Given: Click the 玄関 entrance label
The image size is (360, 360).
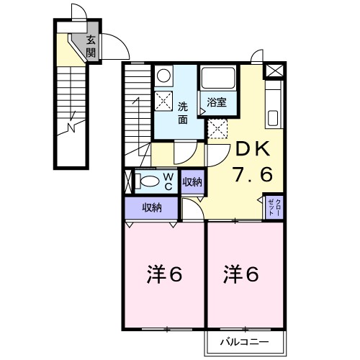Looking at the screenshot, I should (91, 46).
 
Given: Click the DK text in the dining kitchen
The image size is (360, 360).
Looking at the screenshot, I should (252, 150).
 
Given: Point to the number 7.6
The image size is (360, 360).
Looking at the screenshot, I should (252, 175).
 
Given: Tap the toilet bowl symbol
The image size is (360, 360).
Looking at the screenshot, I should (149, 180).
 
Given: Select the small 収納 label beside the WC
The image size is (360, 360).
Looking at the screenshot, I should (192, 180).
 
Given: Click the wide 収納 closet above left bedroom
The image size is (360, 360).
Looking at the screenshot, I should (151, 207).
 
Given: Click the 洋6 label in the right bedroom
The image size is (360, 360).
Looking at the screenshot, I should (240, 274).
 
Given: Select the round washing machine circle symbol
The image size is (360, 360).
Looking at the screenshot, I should (163, 76).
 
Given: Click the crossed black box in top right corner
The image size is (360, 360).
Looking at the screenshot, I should (274, 71).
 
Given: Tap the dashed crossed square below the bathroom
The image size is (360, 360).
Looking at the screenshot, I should (217, 128).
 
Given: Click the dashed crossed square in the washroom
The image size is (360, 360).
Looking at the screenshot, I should (163, 102).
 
